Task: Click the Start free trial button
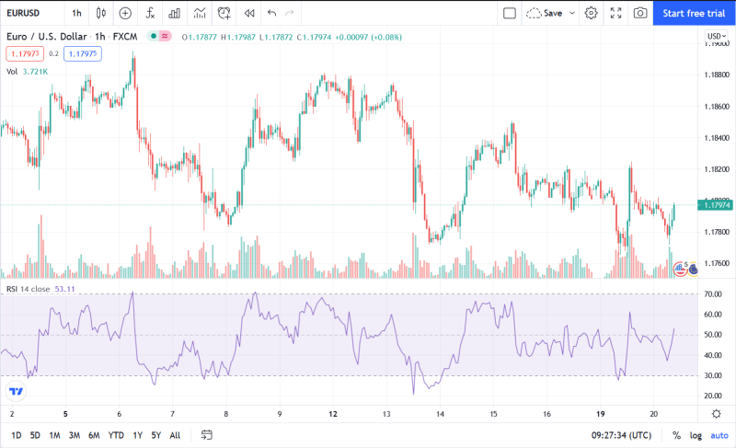click(694, 13)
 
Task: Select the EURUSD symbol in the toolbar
click(25, 13)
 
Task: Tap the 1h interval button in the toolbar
click(76, 13)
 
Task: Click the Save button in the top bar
click(552, 13)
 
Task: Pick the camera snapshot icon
click(639, 13)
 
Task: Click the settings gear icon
click(591, 13)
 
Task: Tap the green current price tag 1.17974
click(716, 205)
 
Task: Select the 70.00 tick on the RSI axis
click(712, 294)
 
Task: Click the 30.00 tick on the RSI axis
click(712, 375)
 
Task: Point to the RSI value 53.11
click(63, 289)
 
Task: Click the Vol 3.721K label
click(27, 71)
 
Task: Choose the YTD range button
click(116, 435)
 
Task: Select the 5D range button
click(35, 435)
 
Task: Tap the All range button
click(175, 435)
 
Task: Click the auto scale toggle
click(719, 435)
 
